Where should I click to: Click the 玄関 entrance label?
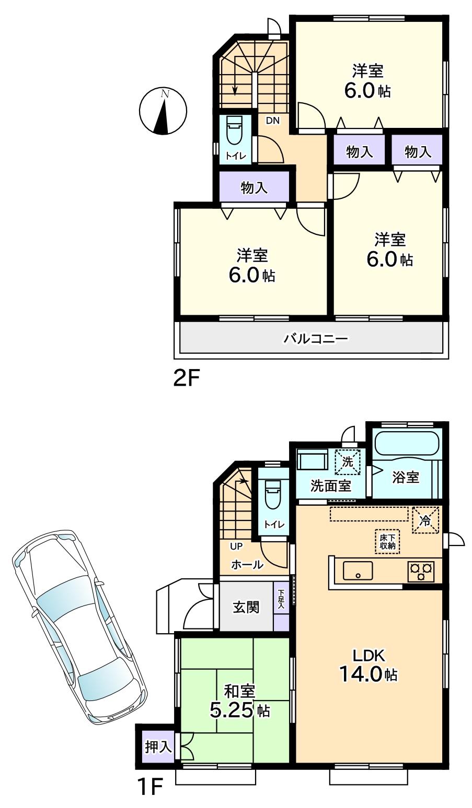click(x=246, y=607)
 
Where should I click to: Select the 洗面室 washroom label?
click(x=330, y=485)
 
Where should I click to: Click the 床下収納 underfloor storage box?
click(x=387, y=541)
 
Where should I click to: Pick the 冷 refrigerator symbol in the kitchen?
click(x=425, y=520)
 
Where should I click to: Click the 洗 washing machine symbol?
click(x=348, y=461)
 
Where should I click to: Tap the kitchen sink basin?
click(x=358, y=571)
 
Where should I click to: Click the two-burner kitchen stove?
click(x=421, y=571)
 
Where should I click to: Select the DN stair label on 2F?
click(x=273, y=121)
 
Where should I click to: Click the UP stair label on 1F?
click(x=236, y=546)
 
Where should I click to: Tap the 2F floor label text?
click(x=187, y=377)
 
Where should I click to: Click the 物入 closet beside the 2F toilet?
click(x=254, y=187)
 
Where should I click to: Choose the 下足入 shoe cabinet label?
click(x=281, y=599)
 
